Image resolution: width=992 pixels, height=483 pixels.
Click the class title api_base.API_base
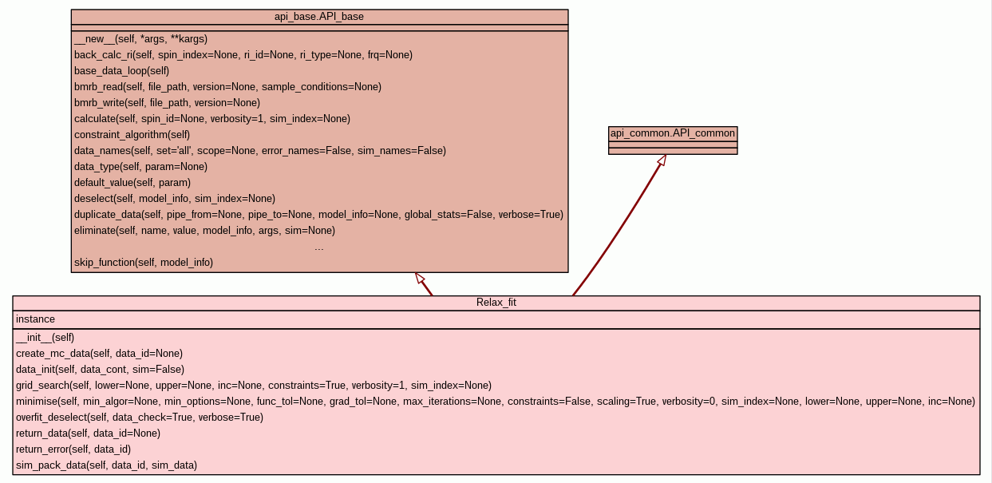[319, 17]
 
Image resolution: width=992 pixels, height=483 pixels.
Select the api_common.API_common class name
[673, 133]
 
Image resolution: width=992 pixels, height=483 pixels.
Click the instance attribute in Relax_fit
[36, 319]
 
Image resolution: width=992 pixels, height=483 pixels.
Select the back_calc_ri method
[243, 55]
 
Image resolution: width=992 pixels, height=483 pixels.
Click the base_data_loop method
[121, 71]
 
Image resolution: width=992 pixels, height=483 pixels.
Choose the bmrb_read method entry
[227, 87]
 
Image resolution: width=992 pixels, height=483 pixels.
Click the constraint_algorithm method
[132, 135]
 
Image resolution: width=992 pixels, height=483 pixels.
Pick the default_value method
[121, 183]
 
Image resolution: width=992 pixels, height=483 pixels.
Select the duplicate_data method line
[318, 215]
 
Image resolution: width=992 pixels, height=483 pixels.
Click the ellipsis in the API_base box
[319, 247]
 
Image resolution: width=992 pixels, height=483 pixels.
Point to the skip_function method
[144, 262]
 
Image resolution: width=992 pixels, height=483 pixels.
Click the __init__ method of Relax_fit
[45, 338]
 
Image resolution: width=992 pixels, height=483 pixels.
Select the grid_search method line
[254, 386]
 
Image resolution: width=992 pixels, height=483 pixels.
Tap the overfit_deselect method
[140, 418]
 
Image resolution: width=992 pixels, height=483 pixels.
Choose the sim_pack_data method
[106, 465]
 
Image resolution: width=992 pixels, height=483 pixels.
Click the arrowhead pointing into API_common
[661, 160]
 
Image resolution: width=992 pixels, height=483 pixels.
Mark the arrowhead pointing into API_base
[419, 278]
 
